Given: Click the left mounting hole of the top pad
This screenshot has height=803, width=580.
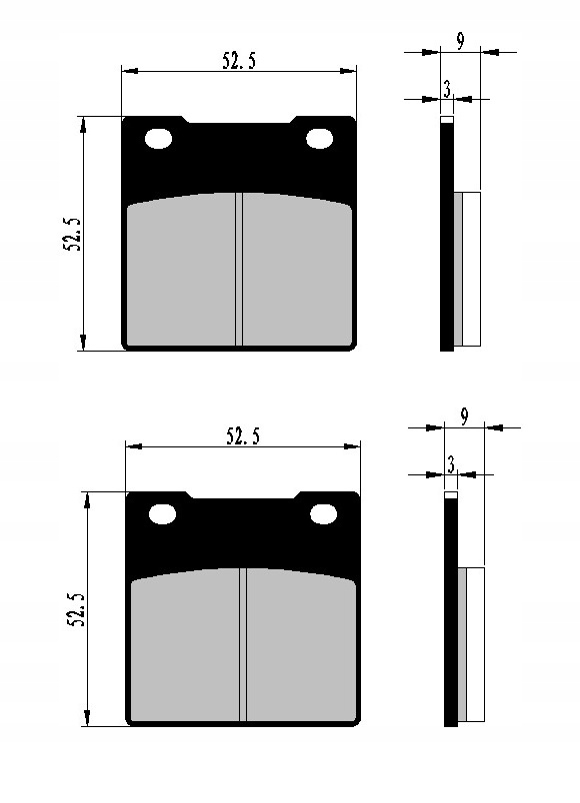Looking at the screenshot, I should [158, 139].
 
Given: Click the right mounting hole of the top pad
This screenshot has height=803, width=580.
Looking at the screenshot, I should [320, 139].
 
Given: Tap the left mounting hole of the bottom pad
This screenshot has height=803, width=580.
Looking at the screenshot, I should [162, 514].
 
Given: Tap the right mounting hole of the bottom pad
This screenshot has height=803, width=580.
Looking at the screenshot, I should [323, 514].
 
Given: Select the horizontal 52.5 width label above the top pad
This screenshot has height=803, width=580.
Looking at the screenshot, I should [239, 61].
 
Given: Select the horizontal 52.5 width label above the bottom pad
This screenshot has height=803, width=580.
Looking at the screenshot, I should [243, 436].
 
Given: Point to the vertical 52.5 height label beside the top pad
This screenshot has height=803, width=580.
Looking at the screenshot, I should [73, 232].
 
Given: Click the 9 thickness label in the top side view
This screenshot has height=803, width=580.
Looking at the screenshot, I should [459, 41].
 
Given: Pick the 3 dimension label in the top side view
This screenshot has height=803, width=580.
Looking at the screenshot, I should [447, 90].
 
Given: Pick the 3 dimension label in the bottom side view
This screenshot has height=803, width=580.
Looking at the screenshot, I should [451, 465].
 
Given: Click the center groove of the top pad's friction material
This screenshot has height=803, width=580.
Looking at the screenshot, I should [240, 270].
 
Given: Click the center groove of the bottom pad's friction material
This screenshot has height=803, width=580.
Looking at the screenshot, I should [243, 645].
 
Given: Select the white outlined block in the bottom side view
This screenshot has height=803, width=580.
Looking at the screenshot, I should [476, 644].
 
